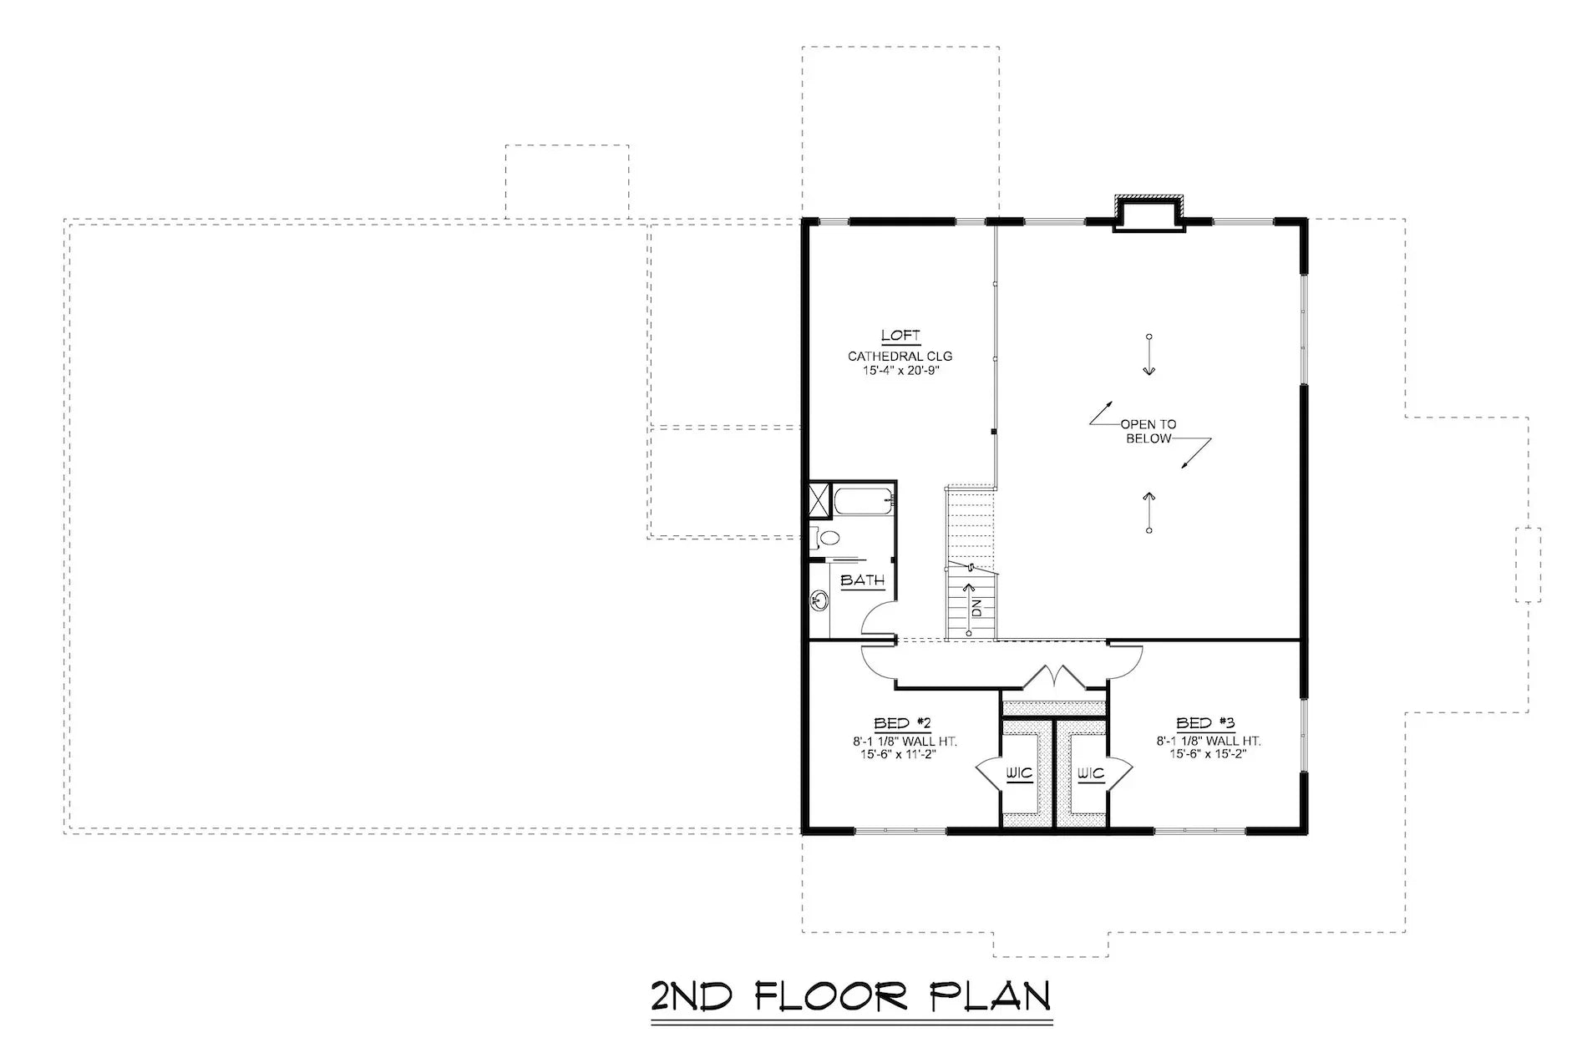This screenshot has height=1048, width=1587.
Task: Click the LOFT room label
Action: (900, 336)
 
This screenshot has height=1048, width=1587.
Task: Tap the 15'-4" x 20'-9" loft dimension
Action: (900, 370)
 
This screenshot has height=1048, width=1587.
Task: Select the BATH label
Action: (862, 580)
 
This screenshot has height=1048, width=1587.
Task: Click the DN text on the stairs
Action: (976, 607)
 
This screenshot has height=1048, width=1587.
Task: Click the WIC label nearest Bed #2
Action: (1019, 774)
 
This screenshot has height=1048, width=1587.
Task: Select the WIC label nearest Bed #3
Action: (1090, 774)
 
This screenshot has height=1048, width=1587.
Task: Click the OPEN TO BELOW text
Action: (1148, 432)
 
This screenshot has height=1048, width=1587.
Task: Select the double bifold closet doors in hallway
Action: (1054, 676)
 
